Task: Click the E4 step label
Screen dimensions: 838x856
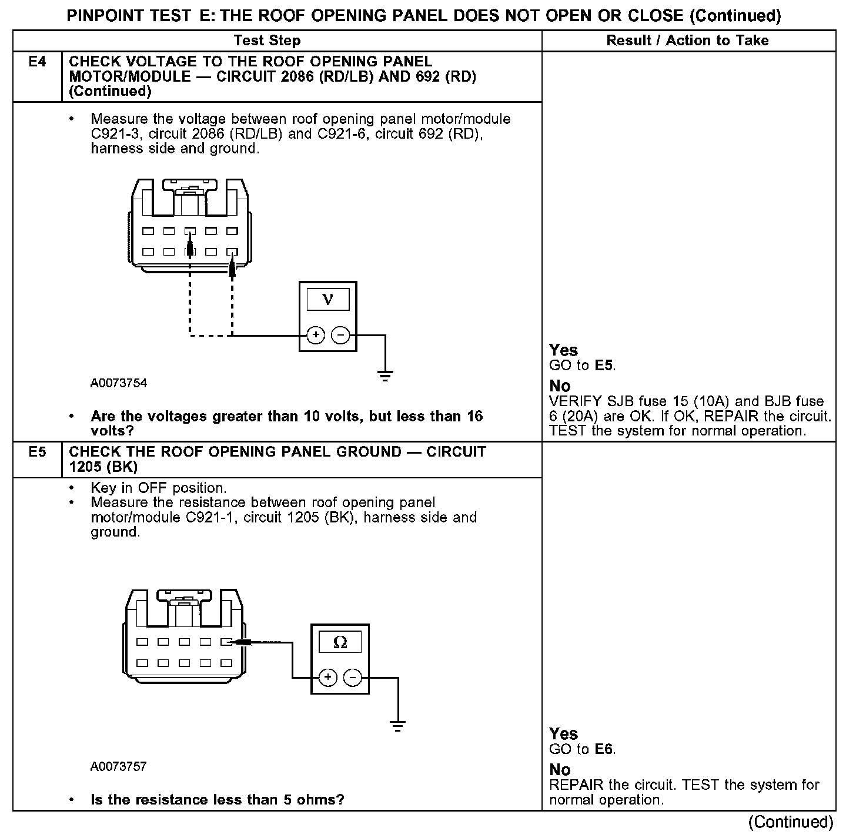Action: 37,62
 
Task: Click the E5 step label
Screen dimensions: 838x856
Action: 37,452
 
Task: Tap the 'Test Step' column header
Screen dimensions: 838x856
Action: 267,41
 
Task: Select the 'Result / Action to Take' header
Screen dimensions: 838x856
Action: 687,41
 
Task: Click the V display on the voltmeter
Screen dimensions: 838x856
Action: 327,300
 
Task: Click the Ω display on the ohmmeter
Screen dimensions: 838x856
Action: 340,642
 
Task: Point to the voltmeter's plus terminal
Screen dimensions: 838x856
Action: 316,336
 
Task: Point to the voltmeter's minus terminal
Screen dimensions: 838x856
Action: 340,336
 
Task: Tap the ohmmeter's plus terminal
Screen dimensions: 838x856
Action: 327,678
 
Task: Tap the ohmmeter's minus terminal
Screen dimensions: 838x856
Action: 352,678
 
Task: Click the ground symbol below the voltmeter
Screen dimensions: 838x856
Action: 385,376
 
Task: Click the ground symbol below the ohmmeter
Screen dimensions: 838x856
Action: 398,725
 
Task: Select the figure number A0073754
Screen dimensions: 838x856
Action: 119,383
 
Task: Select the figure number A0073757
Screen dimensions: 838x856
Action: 119,767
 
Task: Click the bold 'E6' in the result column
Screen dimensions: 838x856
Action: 604,749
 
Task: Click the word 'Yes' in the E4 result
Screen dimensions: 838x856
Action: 563,350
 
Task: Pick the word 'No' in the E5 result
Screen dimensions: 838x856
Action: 560,770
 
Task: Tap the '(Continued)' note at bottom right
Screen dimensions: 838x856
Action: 791,822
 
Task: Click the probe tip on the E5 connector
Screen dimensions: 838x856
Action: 235,642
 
